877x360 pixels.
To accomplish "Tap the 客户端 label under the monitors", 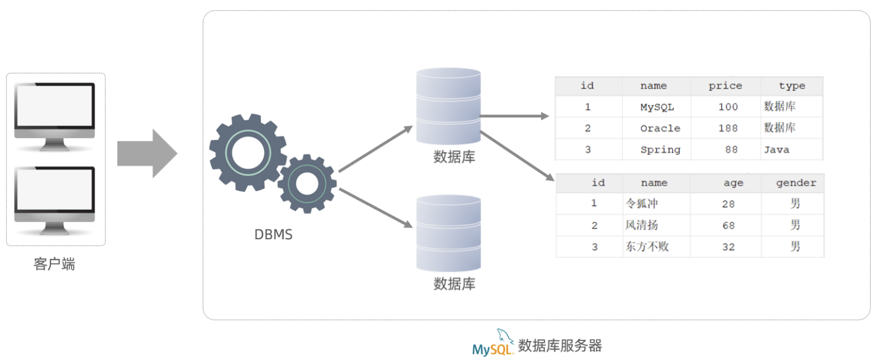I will [54, 265].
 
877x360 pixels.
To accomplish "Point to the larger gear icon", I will [247, 153].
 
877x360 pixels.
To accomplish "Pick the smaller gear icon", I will [306, 183].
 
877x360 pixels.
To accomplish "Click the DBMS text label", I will [273, 235].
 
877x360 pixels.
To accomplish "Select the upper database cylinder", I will [449, 106].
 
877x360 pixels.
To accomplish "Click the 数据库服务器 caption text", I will [560, 346].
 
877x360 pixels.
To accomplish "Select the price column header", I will [725, 86].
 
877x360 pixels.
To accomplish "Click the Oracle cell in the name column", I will [660, 128].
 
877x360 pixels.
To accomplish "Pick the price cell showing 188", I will [728, 128].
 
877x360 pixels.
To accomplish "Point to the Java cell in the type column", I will [776, 150].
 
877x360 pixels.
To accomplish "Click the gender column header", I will [795, 183].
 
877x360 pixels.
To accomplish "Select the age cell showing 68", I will [728, 225].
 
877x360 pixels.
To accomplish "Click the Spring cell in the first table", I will [660, 150].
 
